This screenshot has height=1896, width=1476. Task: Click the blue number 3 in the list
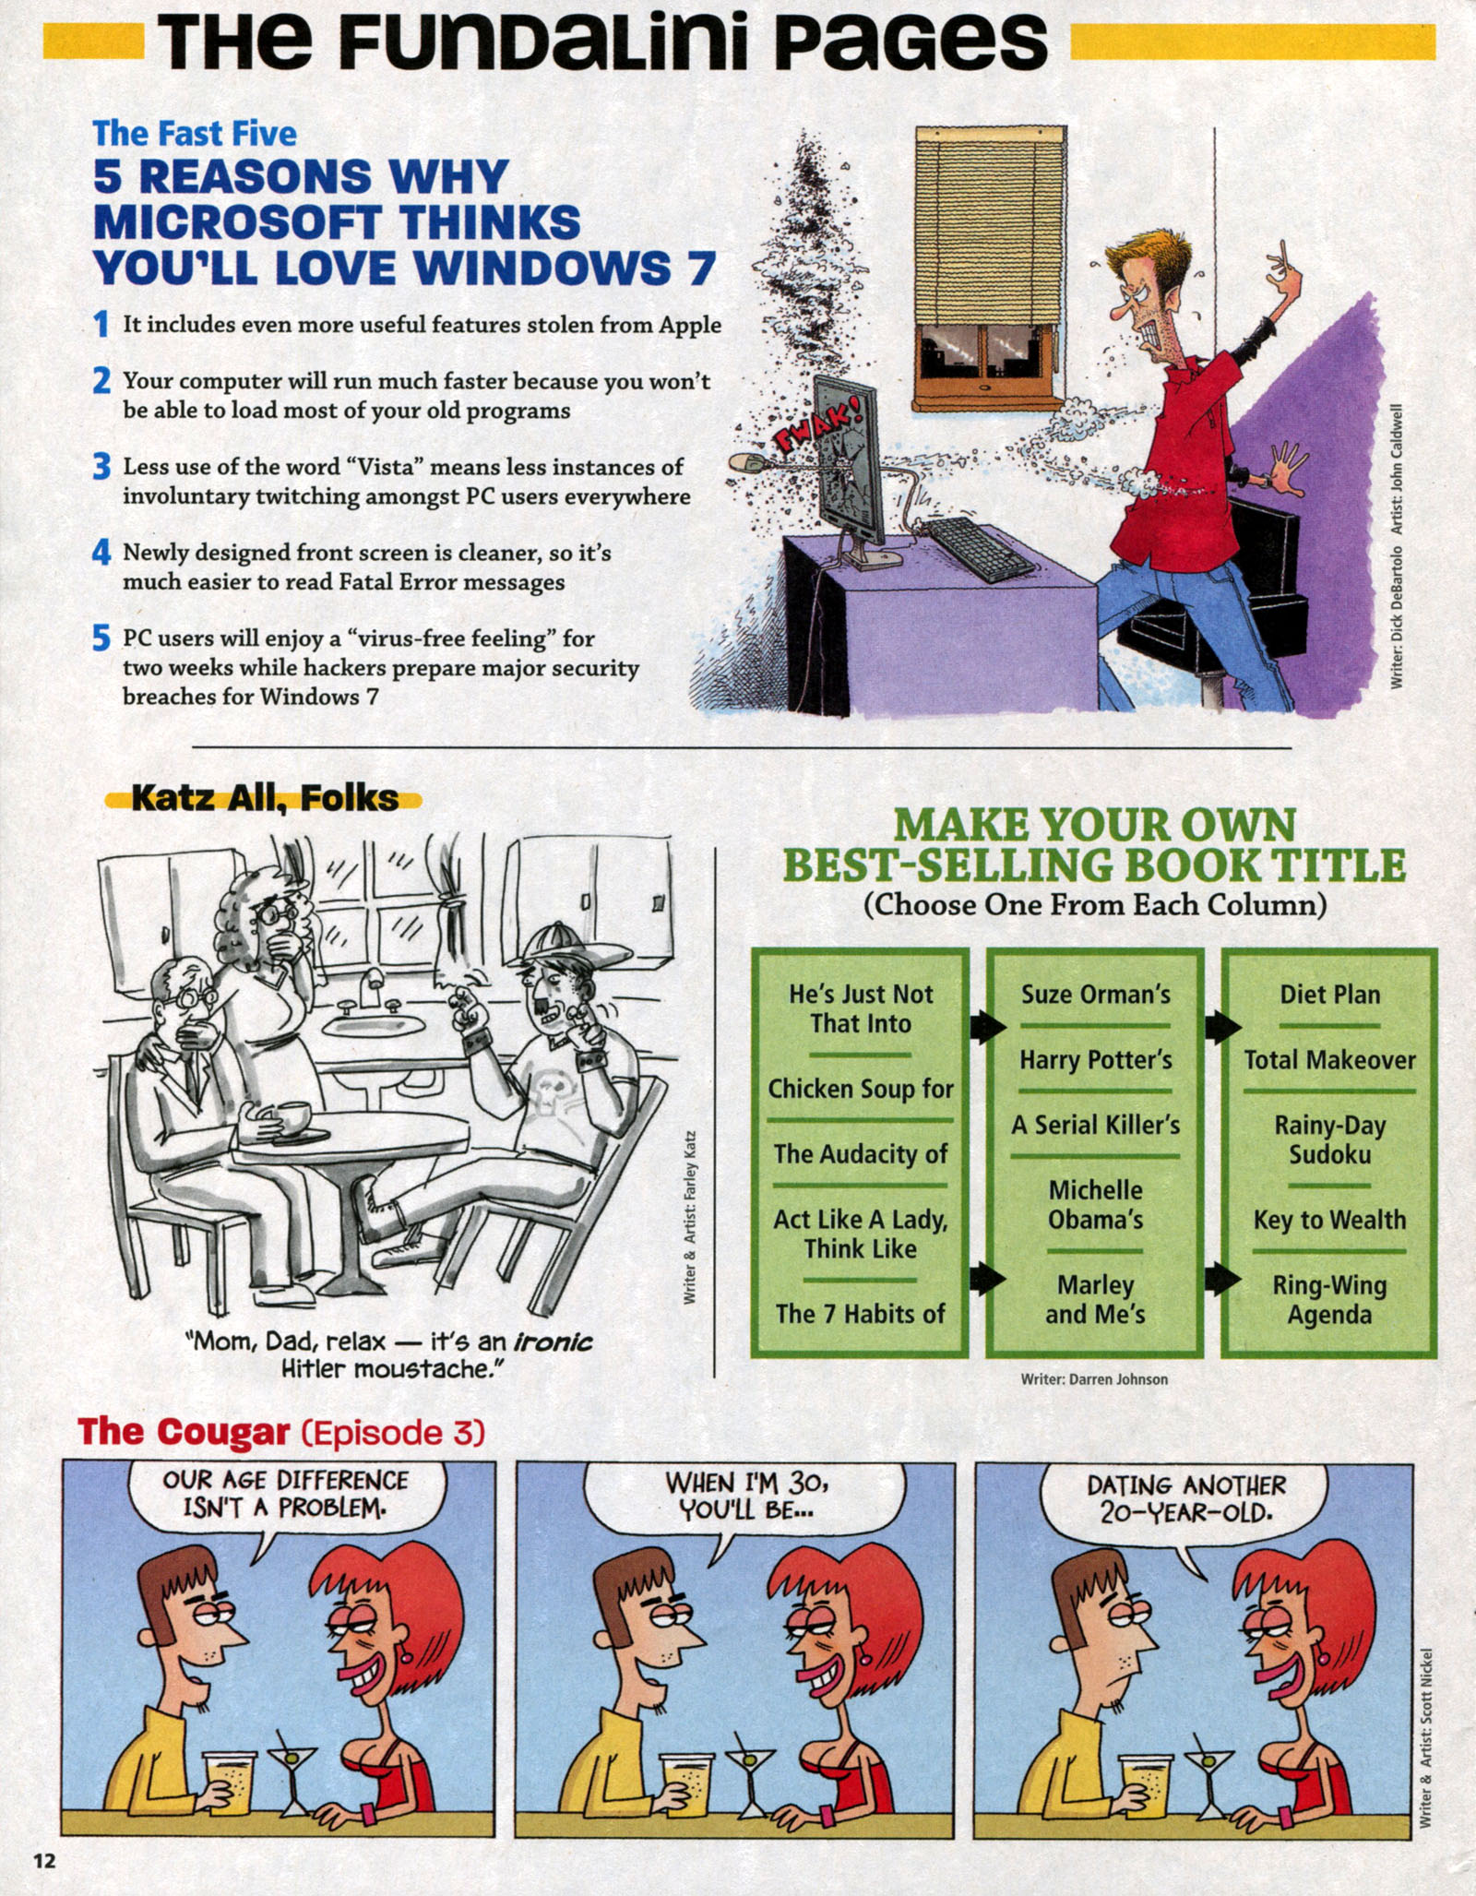click(101, 467)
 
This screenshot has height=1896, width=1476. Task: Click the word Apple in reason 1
click(689, 325)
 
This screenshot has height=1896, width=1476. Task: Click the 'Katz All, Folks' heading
click(265, 798)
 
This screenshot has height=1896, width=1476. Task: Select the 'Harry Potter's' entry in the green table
click(1095, 1060)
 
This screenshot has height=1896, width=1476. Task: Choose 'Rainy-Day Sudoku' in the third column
click(1329, 1139)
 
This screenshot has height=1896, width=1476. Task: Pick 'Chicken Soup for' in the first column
click(860, 1089)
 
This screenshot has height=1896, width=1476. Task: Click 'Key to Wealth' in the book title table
click(1329, 1220)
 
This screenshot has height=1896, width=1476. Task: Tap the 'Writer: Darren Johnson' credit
click(1094, 1379)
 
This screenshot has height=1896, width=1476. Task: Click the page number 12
click(44, 1860)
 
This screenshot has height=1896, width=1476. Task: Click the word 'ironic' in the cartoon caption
click(553, 1342)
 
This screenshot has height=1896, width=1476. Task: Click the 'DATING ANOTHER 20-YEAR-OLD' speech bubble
click(1185, 1498)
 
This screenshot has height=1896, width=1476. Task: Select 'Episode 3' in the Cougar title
click(393, 1433)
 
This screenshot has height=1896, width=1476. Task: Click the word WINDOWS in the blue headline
click(542, 268)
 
